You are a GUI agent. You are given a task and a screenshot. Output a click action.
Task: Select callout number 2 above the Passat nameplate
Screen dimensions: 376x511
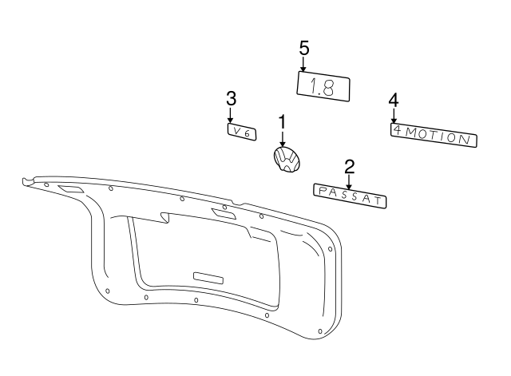[349, 166]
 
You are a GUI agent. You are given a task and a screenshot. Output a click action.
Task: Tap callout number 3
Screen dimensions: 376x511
[231, 98]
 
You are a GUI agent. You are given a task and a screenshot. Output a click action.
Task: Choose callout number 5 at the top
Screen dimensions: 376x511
[304, 48]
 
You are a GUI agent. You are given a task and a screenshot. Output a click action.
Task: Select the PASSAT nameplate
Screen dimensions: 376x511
[349, 196]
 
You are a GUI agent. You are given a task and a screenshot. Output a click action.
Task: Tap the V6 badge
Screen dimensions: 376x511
[241, 131]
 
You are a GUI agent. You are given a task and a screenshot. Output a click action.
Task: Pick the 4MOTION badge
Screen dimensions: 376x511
[434, 134]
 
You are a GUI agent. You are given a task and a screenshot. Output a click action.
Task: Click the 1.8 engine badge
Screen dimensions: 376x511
[324, 85]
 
